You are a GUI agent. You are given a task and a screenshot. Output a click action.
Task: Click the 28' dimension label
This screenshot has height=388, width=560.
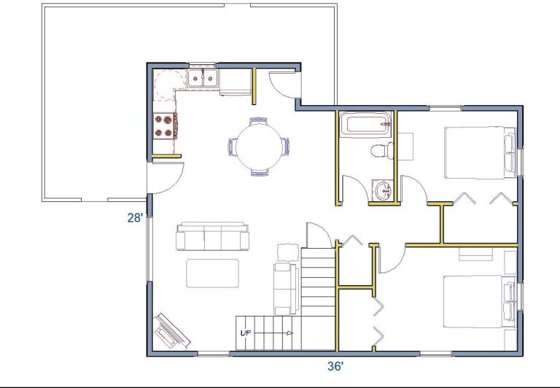[136, 217]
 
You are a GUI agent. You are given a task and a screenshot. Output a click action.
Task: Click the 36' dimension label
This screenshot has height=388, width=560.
[335, 366]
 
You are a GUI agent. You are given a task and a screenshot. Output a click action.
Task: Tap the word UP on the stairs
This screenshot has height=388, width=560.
[246, 333]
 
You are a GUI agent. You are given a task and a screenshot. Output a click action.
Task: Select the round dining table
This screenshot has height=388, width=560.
[259, 147]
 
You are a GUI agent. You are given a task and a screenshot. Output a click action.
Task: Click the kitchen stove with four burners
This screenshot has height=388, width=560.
[166, 126]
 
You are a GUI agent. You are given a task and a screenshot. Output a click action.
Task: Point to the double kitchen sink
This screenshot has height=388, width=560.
[203, 77]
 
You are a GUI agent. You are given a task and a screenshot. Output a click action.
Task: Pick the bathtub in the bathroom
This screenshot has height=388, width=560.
[365, 124]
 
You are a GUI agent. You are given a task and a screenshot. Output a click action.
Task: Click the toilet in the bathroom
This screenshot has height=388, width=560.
[382, 151]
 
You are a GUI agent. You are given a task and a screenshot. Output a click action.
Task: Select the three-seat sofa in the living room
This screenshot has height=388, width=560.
[212, 236]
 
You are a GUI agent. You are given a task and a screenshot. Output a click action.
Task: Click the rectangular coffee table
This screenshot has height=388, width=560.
[212, 273]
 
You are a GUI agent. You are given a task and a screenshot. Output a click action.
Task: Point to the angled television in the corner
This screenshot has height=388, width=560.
[172, 331]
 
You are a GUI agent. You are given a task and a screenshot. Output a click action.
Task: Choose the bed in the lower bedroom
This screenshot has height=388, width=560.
[479, 301]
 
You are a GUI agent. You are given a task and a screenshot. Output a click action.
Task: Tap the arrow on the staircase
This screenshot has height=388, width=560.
[273, 333]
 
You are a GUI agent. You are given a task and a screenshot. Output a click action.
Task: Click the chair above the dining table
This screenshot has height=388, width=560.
[259, 121]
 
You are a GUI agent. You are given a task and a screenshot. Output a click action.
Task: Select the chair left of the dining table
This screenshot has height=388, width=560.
[232, 147]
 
